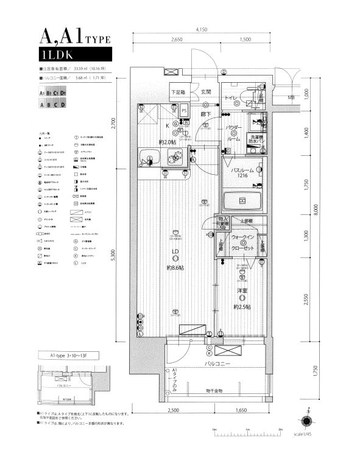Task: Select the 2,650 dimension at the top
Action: pos(177,40)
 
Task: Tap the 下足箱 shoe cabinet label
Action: pos(178,93)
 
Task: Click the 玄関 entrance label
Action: pos(205,92)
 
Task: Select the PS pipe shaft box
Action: pos(185,110)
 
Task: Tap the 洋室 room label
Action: pos(242,292)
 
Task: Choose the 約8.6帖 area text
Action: pos(176,268)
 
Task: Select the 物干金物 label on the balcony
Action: pos(214,390)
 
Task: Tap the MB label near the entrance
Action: pos(291,97)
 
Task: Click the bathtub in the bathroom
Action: pos(242,200)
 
